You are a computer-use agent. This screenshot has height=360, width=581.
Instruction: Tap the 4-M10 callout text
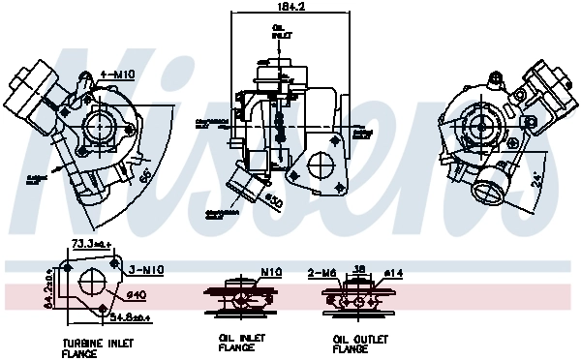pyautogui.click(x=117, y=75)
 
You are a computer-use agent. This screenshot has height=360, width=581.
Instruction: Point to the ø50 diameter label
pyautogui.click(x=273, y=201)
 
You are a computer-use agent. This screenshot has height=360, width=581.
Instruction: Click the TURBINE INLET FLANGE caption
pyautogui.click(x=98, y=346)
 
